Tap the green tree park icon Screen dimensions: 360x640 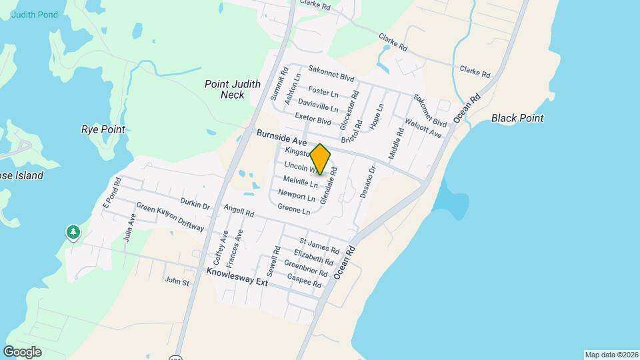(73, 233)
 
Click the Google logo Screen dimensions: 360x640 (22, 351)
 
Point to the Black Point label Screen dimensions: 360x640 (517, 118)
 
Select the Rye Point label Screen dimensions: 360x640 (103, 129)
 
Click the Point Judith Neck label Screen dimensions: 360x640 (224, 89)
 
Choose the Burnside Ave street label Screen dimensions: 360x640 (281, 138)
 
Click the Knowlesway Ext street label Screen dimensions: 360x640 (237, 277)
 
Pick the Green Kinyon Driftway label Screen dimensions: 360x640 (170, 217)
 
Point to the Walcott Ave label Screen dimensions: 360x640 (423, 128)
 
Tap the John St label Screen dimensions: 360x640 (177, 282)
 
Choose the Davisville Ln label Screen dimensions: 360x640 (318, 106)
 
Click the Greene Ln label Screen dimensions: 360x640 (294, 210)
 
